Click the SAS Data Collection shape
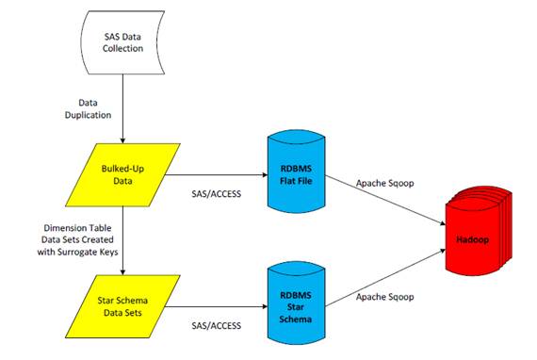123,42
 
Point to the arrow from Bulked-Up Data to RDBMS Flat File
212,174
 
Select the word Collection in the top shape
123,49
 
